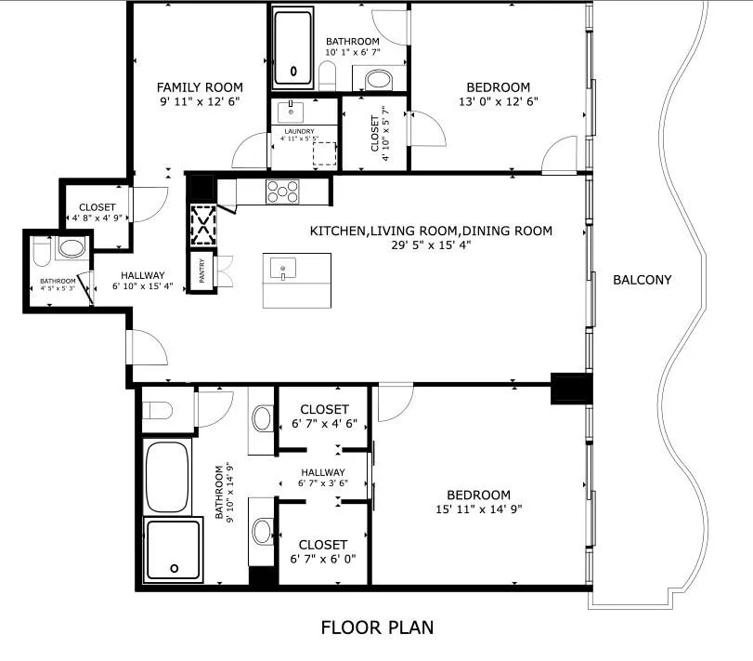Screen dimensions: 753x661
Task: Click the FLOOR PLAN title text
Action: pos(377,628)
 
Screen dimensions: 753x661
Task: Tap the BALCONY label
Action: pos(643,280)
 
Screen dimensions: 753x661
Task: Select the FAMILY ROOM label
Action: pos(200,87)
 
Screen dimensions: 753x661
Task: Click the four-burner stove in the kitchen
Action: pos(282,192)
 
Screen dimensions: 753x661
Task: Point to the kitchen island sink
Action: pos(283,269)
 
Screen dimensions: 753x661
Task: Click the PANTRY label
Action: pos(201,271)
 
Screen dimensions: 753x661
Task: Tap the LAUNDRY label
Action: pos(299,131)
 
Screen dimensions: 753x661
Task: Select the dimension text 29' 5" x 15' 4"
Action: pos(431,245)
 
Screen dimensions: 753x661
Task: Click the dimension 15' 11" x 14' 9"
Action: pos(479,509)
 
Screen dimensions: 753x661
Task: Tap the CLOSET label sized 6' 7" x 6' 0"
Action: pos(323,545)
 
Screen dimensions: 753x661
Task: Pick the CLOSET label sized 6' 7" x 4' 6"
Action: pos(324,409)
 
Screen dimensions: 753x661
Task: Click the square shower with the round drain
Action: pos(173,549)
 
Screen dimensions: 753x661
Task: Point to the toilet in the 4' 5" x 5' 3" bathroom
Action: pos(42,251)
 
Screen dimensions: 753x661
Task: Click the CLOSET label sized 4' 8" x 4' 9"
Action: pos(97,207)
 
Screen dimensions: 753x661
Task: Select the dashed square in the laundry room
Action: pos(324,153)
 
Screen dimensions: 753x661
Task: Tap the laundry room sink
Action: pos(291,112)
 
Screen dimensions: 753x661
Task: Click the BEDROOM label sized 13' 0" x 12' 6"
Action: pos(499,87)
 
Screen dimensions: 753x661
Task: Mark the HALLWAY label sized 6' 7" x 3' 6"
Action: pos(323,472)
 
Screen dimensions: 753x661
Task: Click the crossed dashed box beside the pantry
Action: pos(203,225)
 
